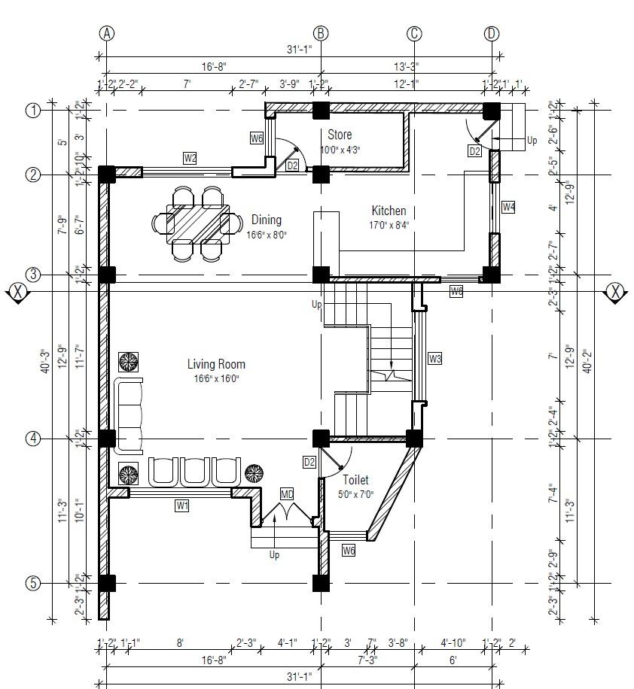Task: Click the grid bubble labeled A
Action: (x=107, y=33)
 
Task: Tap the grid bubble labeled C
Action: (x=414, y=33)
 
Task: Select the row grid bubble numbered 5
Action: (x=32, y=583)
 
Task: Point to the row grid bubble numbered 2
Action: (x=32, y=175)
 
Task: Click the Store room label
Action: (x=340, y=135)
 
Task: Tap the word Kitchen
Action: (x=389, y=211)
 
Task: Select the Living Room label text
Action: (x=216, y=365)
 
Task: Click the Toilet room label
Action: (x=355, y=480)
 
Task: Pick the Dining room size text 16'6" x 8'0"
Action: (x=267, y=235)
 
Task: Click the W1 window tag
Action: (x=181, y=506)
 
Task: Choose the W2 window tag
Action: (x=190, y=158)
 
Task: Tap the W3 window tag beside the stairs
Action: (x=434, y=359)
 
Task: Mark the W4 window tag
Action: (x=509, y=207)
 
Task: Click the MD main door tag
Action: (x=287, y=494)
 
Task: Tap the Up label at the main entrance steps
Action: (x=275, y=555)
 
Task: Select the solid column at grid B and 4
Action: (x=321, y=439)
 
